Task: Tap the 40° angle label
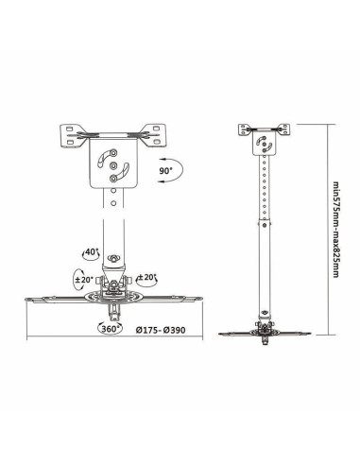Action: coord(90,253)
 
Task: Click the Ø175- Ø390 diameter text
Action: coord(160,332)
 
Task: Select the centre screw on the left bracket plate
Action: coord(113,168)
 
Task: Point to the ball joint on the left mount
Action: coord(113,257)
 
